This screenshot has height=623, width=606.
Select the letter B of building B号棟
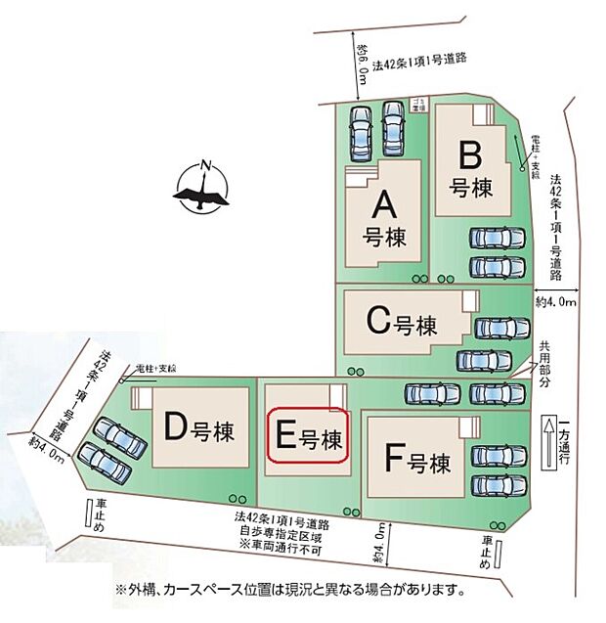(468, 156)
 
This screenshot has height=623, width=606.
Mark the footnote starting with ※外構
(289, 591)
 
